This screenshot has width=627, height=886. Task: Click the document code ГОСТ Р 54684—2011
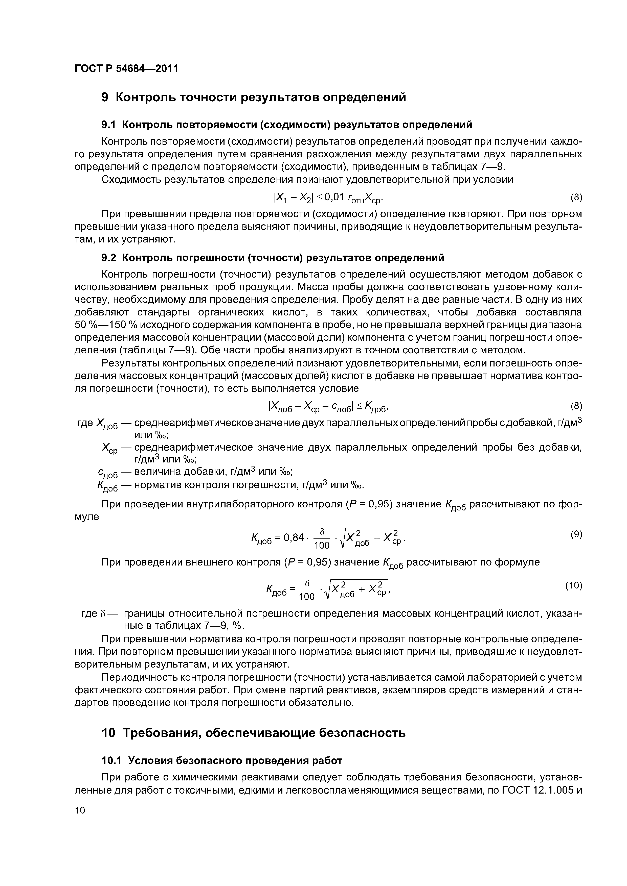click(126, 69)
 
